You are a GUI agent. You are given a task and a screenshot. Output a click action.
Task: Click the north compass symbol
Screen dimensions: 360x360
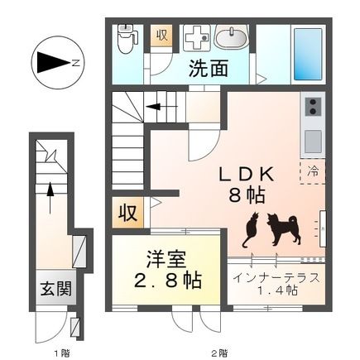[54, 62]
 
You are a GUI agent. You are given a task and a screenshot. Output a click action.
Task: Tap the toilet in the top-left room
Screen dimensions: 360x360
[127, 38]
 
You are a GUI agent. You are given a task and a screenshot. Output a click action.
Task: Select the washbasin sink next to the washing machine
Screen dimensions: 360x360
[231, 37]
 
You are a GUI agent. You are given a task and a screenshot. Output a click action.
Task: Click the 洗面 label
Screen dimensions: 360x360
[208, 70]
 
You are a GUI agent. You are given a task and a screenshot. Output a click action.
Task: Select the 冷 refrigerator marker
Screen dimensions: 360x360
[314, 172]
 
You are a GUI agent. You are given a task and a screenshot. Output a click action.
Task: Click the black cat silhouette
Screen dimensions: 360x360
[251, 230]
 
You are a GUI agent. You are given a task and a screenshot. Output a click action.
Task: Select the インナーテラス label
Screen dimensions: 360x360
[276, 277]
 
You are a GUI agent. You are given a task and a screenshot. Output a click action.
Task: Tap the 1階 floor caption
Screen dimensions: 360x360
[62, 353]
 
